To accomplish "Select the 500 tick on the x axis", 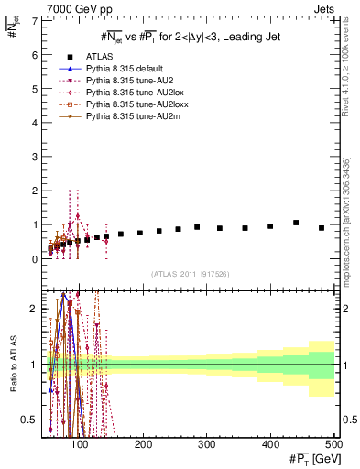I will click(333, 444).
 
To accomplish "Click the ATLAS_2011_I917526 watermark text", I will click(189, 273).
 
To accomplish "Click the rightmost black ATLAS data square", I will click(322, 228).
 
